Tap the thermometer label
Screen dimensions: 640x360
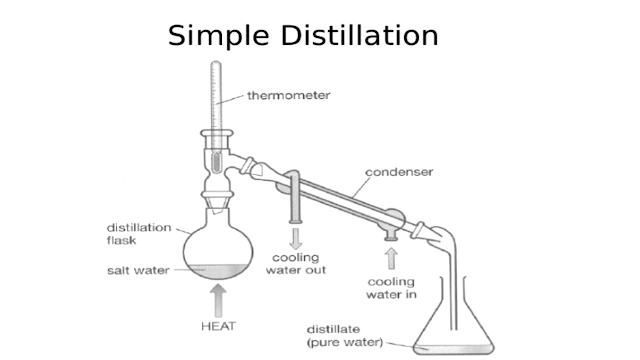click(x=289, y=96)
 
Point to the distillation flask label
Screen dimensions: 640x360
click(x=139, y=232)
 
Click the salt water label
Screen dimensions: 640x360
click(x=138, y=270)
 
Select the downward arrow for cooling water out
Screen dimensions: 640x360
click(x=296, y=237)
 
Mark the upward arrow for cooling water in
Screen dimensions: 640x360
click(x=390, y=258)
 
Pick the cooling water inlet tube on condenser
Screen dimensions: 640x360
click(x=390, y=228)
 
